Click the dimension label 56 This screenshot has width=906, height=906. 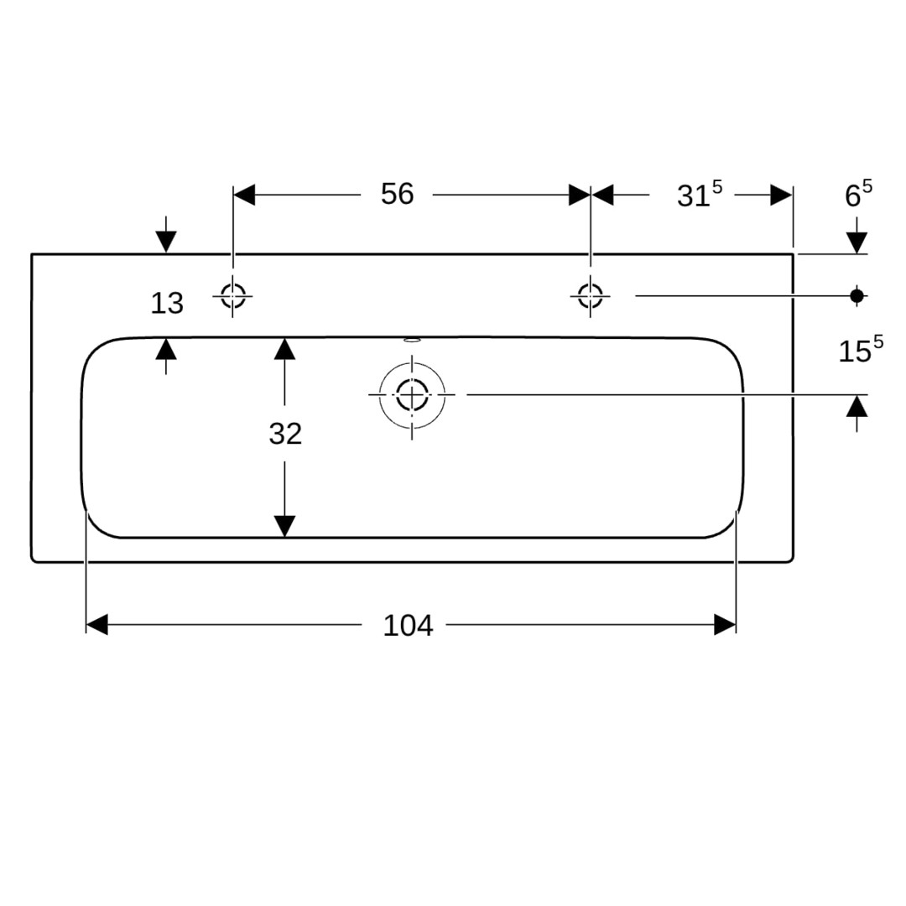click(397, 194)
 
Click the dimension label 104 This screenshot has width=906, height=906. click(408, 625)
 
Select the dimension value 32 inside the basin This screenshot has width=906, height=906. click(285, 434)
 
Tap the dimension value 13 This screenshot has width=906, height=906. click(167, 303)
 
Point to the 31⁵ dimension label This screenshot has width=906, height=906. click(700, 194)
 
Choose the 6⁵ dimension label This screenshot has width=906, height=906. click(859, 194)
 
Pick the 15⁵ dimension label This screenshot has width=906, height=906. click(861, 350)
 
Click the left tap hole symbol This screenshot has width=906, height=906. click(233, 296)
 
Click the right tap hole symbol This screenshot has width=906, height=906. click(590, 296)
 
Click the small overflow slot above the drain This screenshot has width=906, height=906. click(412, 340)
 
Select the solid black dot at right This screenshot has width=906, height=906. click(857, 296)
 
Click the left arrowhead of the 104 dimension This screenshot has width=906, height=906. click(96, 625)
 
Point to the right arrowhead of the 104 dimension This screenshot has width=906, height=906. click(725, 625)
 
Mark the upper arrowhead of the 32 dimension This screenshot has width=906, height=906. click(285, 348)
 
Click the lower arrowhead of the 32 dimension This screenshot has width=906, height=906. click(285, 526)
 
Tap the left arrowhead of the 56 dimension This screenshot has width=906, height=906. click(244, 195)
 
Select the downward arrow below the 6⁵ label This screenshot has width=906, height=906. click(857, 235)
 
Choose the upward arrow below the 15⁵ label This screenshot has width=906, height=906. click(857, 414)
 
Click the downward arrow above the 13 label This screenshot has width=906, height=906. click(166, 235)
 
